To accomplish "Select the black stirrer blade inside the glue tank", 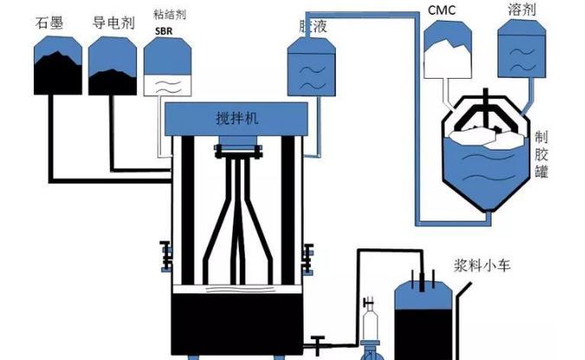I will coord(487,118).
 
